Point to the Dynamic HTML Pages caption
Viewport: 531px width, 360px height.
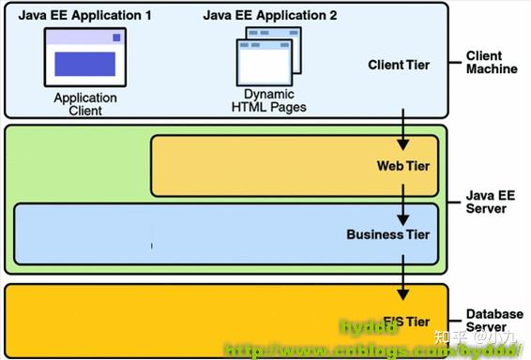[x=269, y=100]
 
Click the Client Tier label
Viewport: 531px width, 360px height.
[x=398, y=65]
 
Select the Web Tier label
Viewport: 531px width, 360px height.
[x=403, y=166]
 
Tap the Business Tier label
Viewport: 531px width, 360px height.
[x=388, y=234]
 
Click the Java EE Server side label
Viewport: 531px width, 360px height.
[x=486, y=201]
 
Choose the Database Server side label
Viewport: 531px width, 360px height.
[x=493, y=321]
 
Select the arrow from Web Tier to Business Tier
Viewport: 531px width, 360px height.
[x=403, y=200]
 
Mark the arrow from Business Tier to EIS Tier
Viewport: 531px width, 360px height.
[x=403, y=274]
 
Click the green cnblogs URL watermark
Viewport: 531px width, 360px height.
[x=375, y=350]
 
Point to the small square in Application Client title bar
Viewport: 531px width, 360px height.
[x=116, y=37]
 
